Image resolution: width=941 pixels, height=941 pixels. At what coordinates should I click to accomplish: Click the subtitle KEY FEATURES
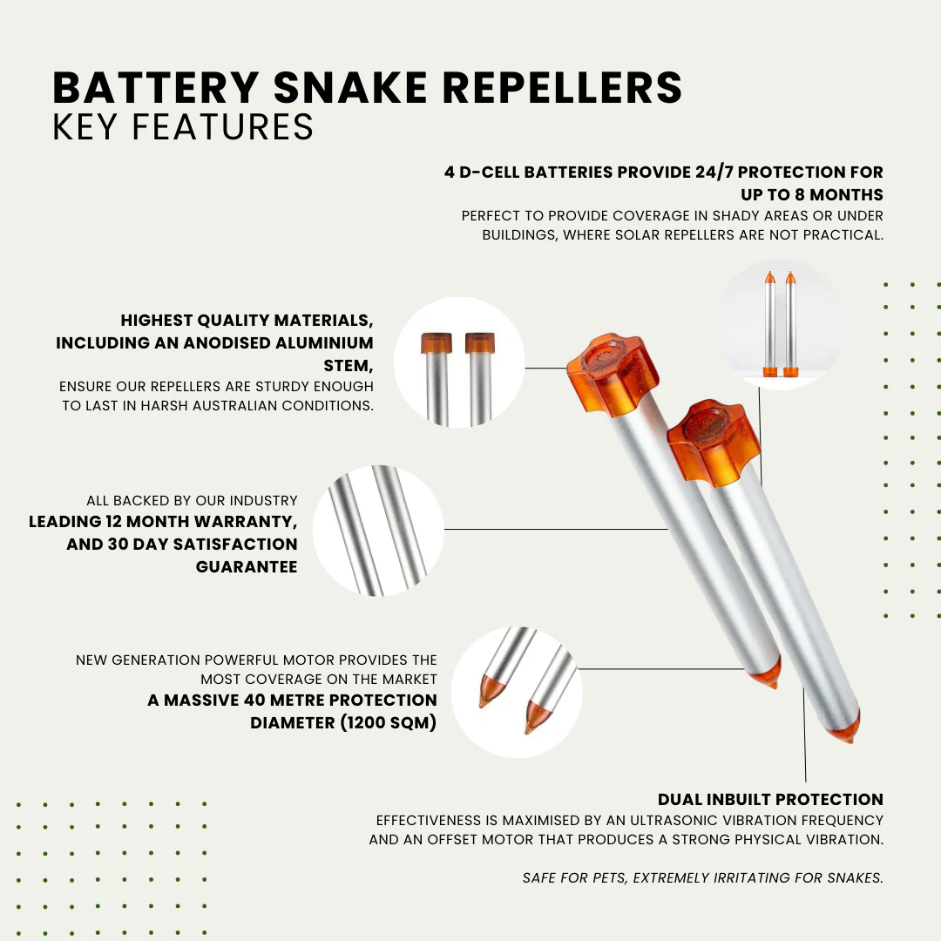[183, 127]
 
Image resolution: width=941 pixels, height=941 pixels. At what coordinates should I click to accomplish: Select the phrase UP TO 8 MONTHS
[812, 194]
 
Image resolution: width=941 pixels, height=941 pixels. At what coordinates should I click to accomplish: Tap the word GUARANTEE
[247, 566]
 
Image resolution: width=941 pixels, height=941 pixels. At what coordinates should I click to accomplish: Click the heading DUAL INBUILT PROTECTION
[770, 799]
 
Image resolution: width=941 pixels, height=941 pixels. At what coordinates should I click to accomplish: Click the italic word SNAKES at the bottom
[855, 877]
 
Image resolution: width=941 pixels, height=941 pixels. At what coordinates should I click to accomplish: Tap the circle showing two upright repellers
[779, 324]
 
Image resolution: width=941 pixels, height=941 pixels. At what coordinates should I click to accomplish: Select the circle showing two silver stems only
[377, 530]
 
